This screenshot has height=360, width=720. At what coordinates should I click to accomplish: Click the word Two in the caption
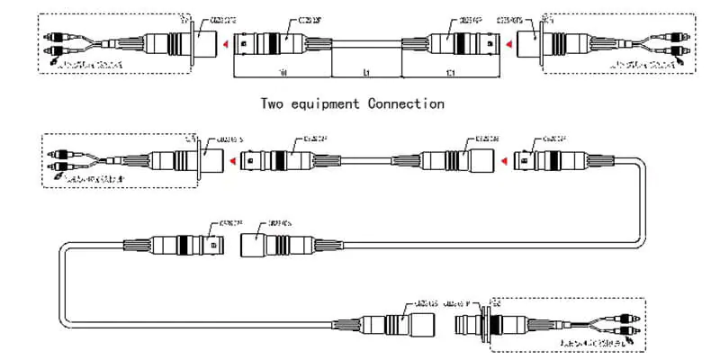pos(274,103)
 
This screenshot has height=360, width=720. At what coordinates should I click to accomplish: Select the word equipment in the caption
pos(326,104)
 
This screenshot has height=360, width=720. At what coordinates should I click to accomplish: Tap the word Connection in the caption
pos(406,103)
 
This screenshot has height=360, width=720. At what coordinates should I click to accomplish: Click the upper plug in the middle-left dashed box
pos(64,156)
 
